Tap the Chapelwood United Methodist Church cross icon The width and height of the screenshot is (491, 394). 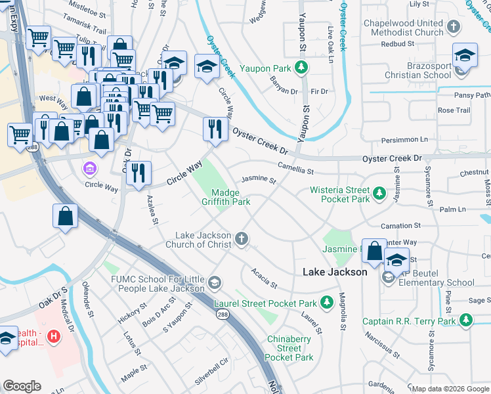[453, 27]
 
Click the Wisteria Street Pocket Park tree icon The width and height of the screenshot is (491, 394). [379, 193]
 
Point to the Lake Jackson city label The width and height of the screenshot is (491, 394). [334, 272]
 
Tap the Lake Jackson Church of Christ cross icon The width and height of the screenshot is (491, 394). [242, 240]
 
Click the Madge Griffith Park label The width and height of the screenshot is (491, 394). [230, 197]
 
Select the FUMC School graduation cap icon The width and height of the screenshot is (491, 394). [214, 283]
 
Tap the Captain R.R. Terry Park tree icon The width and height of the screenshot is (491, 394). [465, 320]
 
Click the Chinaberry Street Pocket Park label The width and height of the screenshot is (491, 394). [289, 348]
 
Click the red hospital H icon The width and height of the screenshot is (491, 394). [54, 336]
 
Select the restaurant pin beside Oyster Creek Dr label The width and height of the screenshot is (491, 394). [215, 129]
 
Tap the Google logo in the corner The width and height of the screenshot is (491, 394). [22, 386]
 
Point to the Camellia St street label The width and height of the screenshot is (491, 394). [295, 169]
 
